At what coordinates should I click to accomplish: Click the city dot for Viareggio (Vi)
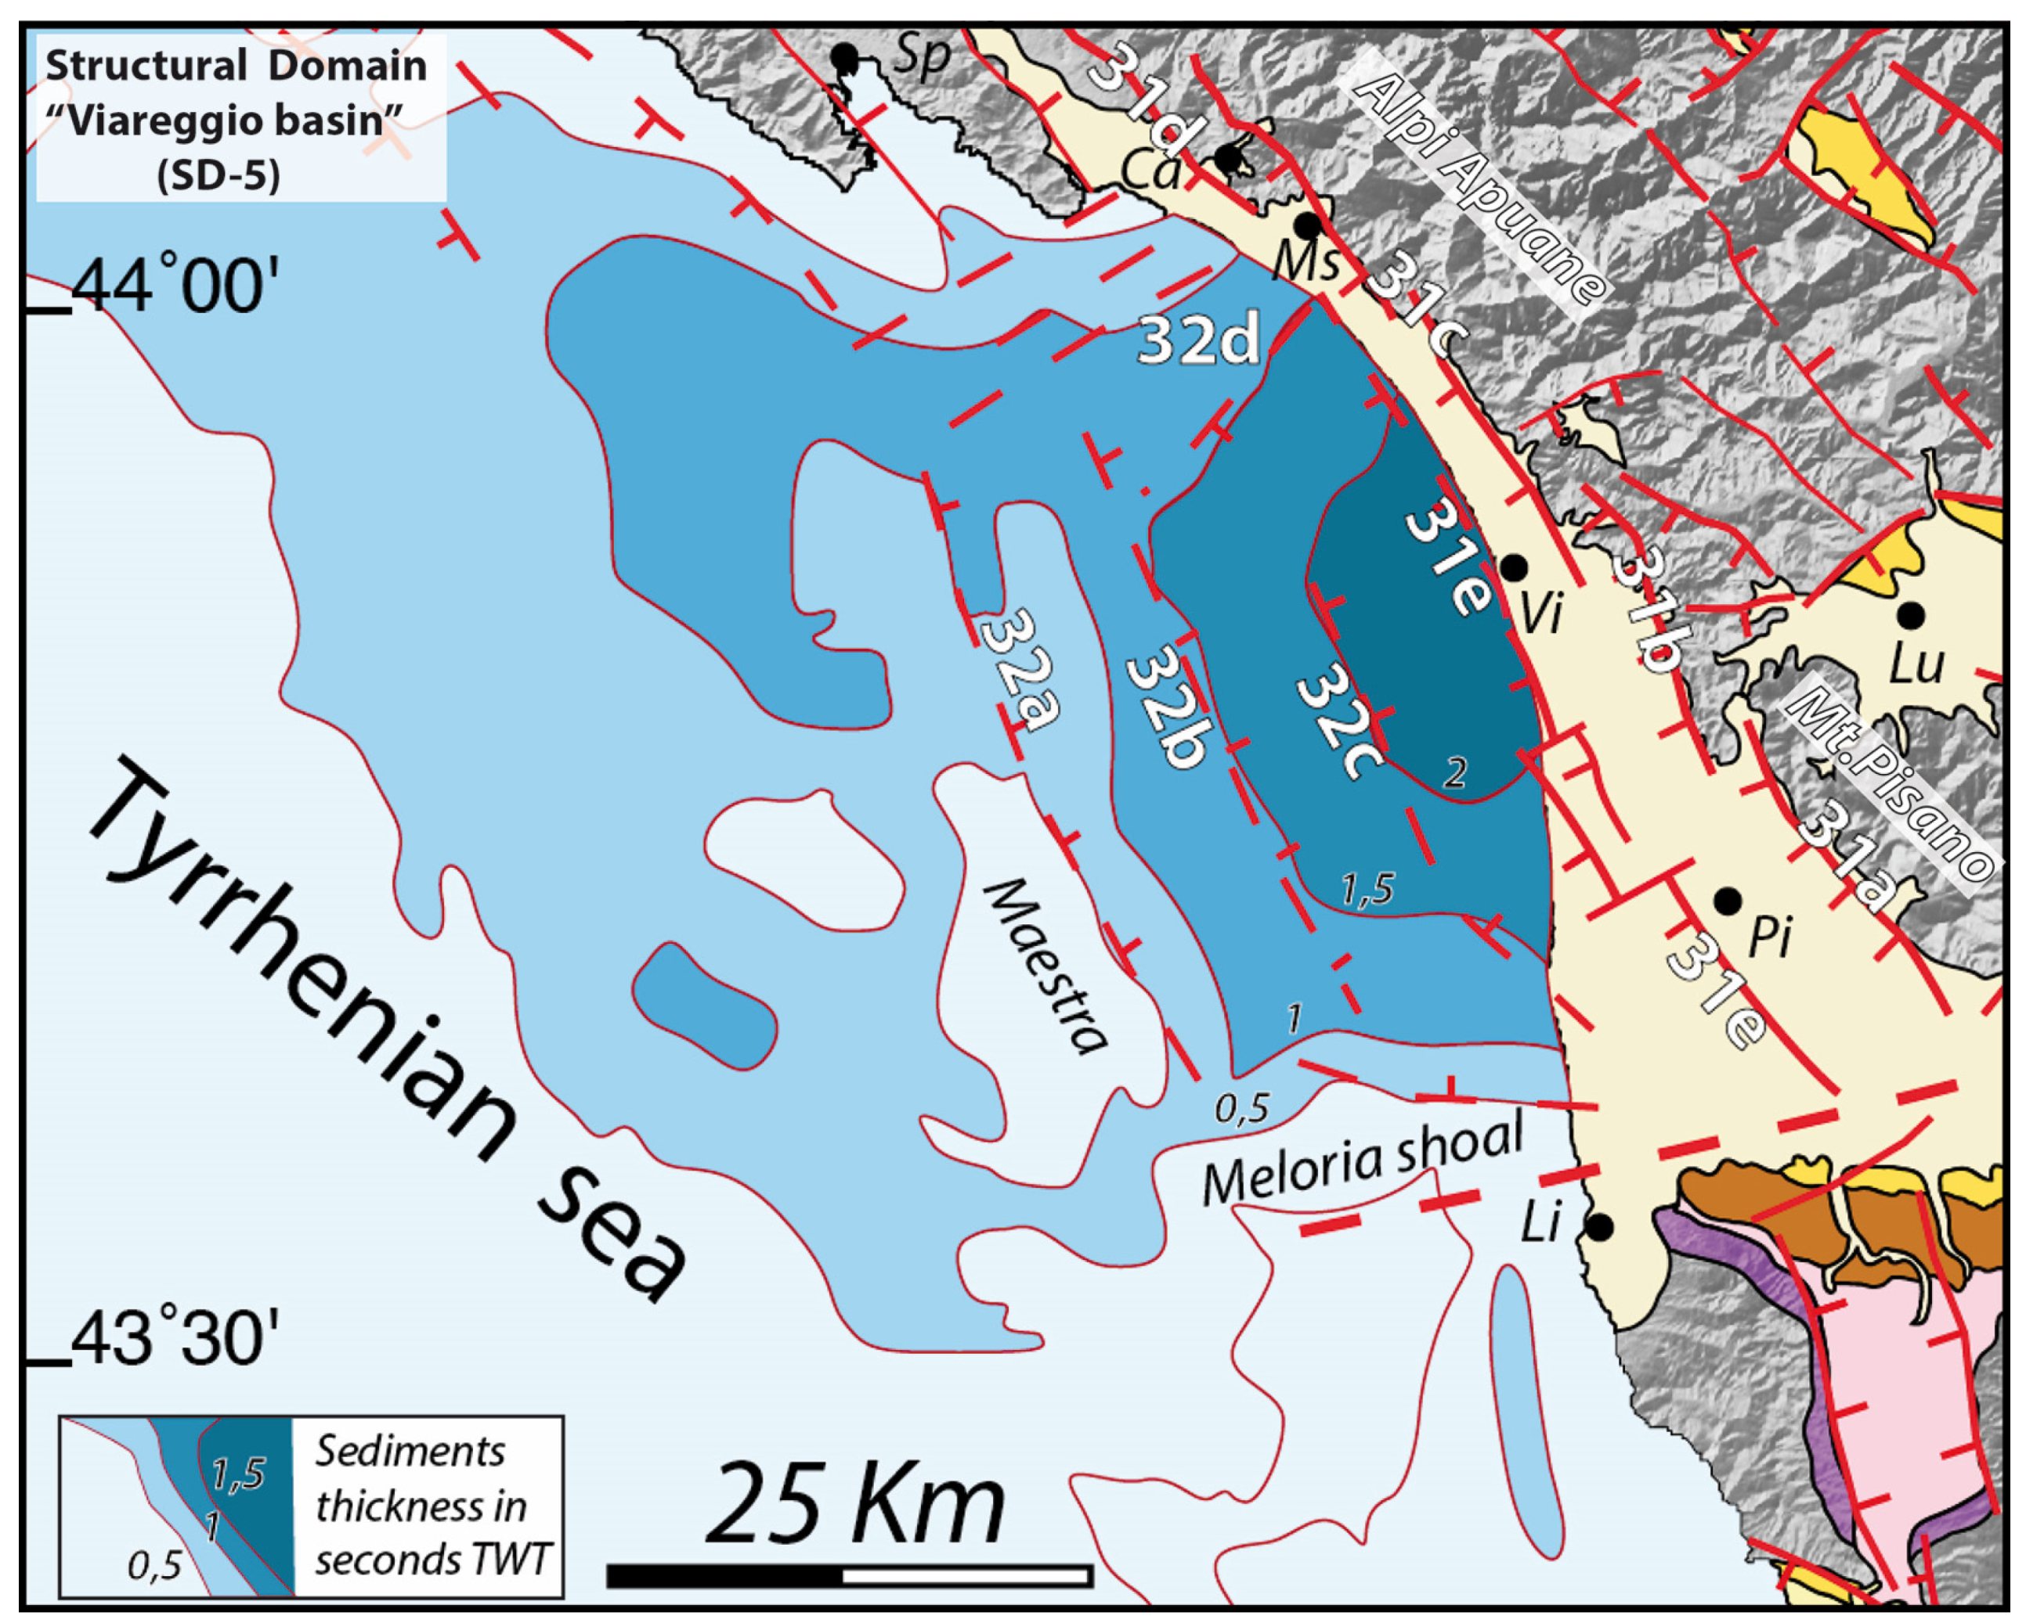(1513, 567)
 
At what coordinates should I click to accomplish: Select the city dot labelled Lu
(1912, 616)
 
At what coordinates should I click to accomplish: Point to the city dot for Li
(1599, 1227)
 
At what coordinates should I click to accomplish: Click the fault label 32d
(1198, 340)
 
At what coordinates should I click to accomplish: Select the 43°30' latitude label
(175, 1340)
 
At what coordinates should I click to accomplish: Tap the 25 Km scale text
(855, 1505)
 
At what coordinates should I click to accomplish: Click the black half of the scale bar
(724, 1576)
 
